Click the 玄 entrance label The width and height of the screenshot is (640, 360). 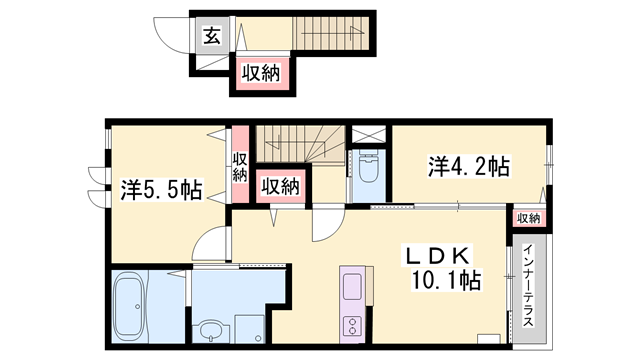(213, 37)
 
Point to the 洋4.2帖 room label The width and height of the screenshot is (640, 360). (470, 166)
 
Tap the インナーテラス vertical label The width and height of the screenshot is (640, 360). (527, 284)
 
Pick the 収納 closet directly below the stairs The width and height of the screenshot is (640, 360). (281, 186)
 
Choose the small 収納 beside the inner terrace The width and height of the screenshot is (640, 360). (528, 218)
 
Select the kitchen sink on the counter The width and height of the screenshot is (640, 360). (354, 289)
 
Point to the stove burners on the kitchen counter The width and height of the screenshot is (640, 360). (354, 325)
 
